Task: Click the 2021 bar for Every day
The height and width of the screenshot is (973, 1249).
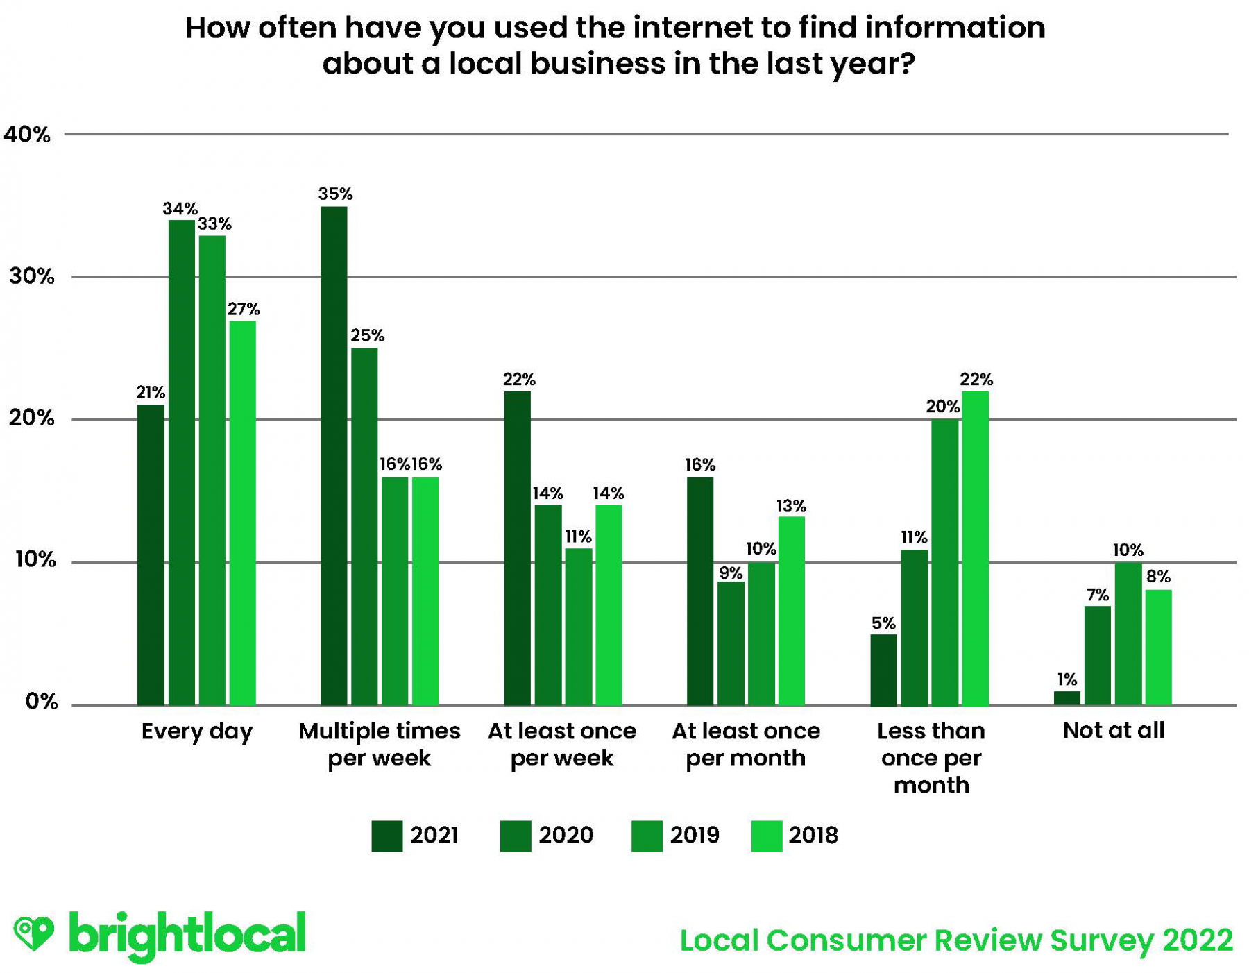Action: click(151, 555)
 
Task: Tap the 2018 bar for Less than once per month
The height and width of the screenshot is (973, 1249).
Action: click(974, 548)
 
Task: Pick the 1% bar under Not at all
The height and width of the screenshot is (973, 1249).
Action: click(1067, 697)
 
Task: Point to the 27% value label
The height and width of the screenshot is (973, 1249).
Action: click(244, 309)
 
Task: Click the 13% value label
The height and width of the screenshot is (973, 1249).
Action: click(791, 506)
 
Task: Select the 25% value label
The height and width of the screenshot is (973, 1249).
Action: click(367, 336)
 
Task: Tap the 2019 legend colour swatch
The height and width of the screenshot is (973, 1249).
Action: click(646, 836)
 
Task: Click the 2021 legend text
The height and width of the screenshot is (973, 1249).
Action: click(434, 835)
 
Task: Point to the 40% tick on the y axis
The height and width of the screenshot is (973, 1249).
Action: click(28, 135)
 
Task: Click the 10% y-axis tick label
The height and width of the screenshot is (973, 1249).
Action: click(35, 559)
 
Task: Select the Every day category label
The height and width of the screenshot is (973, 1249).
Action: click(197, 731)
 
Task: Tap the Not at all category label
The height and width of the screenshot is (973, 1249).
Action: click(1113, 730)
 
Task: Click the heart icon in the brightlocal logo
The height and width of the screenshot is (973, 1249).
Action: click(33, 932)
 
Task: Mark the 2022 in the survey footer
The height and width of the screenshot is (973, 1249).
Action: click(1198, 940)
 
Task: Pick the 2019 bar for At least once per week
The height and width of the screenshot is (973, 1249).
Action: click(578, 626)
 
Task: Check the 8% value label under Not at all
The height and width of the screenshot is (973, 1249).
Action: click(1158, 576)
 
